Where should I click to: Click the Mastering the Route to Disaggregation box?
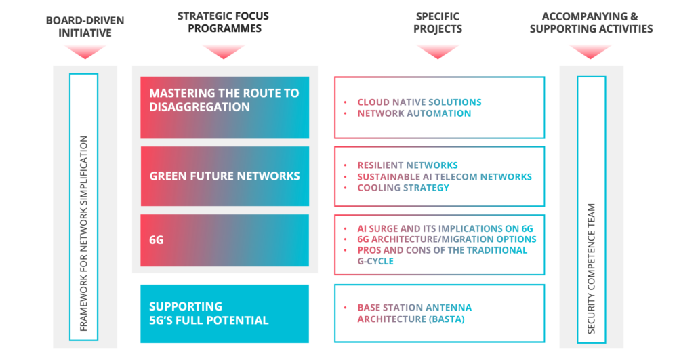click(225, 107)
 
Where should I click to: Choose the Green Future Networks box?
click(225, 176)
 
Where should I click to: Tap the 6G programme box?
click(225, 241)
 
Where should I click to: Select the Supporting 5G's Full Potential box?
click(225, 314)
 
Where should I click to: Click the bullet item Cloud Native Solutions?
click(419, 102)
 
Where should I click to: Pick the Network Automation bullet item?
click(414, 113)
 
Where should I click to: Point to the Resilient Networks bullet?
click(407, 165)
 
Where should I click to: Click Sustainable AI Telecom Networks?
click(445, 176)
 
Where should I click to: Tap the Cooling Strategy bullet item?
click(403, 188)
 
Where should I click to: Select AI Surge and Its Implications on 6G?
click(445, 228)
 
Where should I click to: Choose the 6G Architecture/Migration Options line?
click(447, 239)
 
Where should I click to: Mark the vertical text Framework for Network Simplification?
click(83, 233)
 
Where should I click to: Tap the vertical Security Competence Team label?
click(591, 268)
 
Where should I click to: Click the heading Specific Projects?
click(438, 23)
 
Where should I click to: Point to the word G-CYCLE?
click(375, 261)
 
